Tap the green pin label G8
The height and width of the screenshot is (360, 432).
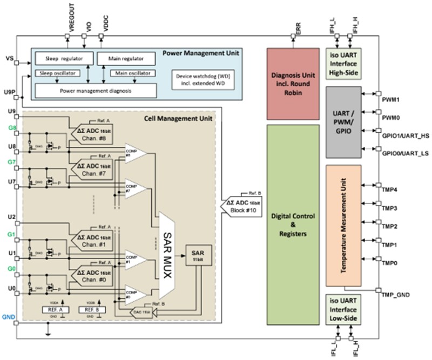[12, 128]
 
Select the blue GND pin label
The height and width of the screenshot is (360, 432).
[9, 317]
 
